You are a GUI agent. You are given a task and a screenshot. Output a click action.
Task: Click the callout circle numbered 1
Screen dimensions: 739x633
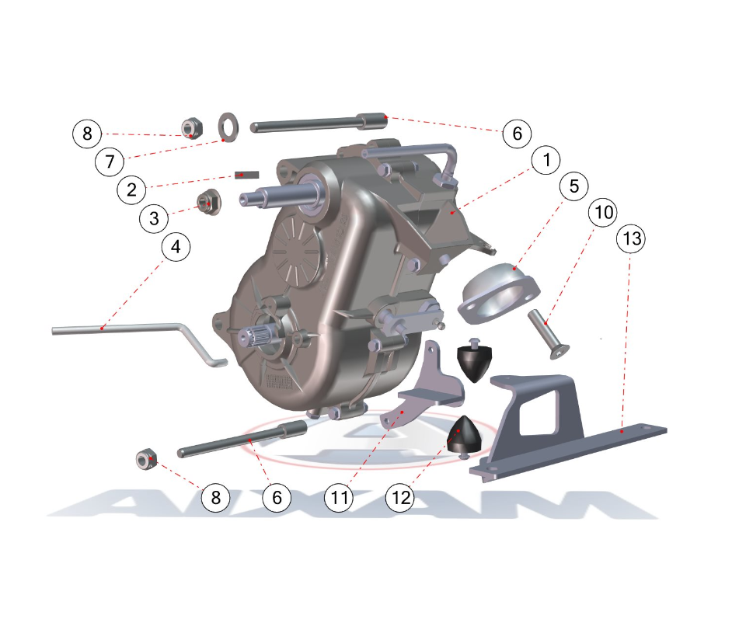(546, 160)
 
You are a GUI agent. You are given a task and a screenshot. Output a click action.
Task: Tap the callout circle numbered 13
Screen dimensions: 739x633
(631, 238)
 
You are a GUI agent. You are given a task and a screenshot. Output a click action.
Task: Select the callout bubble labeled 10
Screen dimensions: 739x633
(603, 212)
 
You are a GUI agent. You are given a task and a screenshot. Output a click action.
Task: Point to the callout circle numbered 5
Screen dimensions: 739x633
(574, 186)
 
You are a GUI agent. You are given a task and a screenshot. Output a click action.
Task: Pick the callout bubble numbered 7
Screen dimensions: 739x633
(110, 162)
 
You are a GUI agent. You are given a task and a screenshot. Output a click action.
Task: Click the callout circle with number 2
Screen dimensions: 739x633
(131, 190)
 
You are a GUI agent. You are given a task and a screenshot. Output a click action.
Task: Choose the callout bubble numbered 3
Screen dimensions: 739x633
(154, 218)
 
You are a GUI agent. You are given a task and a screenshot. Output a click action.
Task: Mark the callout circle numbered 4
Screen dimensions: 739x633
(176, 247)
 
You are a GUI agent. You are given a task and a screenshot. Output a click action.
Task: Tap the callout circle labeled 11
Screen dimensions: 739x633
(339, 497)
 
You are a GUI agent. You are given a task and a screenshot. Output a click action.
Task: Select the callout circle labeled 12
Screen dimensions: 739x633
(400, 497)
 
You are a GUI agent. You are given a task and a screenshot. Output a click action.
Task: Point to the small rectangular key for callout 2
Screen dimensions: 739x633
(247, 175)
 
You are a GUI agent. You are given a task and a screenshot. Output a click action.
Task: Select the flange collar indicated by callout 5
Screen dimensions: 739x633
(498, 294)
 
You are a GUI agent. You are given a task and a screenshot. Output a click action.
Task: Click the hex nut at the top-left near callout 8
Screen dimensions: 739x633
(192, 128)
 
